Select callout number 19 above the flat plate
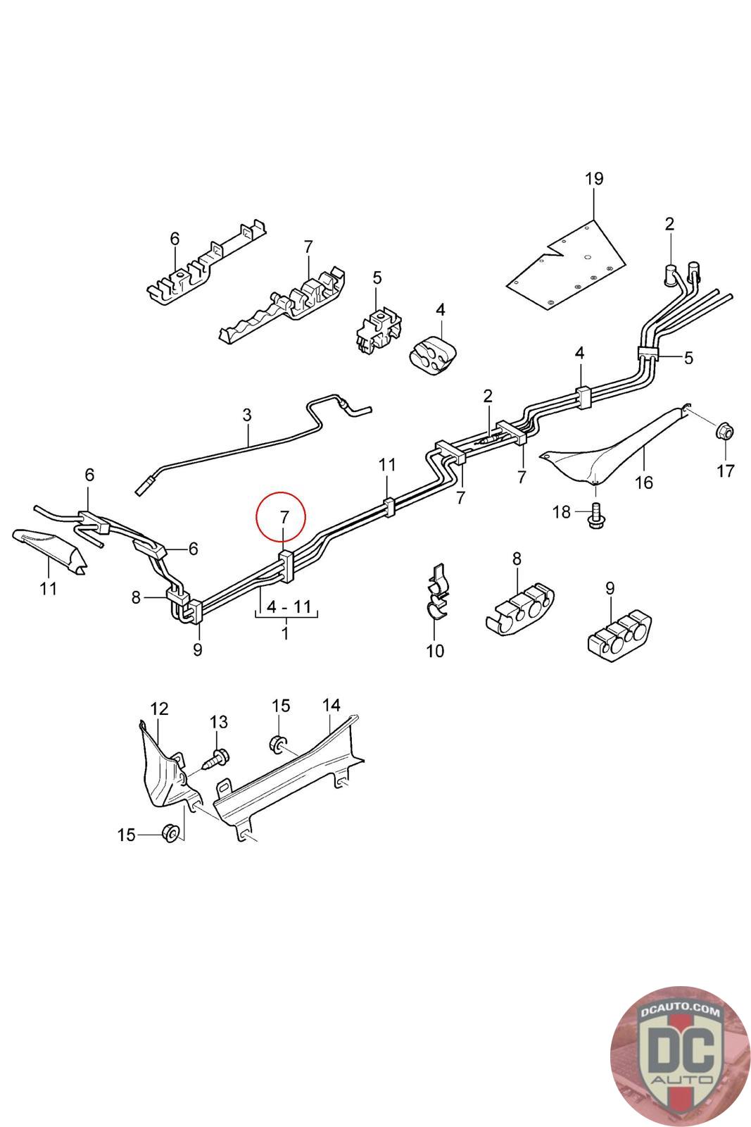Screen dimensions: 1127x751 click(x=594, y=179)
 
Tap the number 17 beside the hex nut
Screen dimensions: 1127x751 click(x=726, y=470)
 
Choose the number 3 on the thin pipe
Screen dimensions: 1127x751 click(x=246, y=415)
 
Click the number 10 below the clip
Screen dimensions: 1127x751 click(x=435, y=650)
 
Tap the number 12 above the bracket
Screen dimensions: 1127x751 click(x=160, y=708)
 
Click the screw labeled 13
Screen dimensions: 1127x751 click(x=215, y=759)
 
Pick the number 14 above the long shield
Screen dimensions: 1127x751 click(x=331, y=705)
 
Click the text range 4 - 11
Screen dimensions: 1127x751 click(x=286, y=606)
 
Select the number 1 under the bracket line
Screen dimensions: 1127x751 click(x=285, y=633)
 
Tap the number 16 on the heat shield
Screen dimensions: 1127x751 click(x=644, y=482)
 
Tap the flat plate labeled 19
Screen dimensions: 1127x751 click(x=569, y=268)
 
